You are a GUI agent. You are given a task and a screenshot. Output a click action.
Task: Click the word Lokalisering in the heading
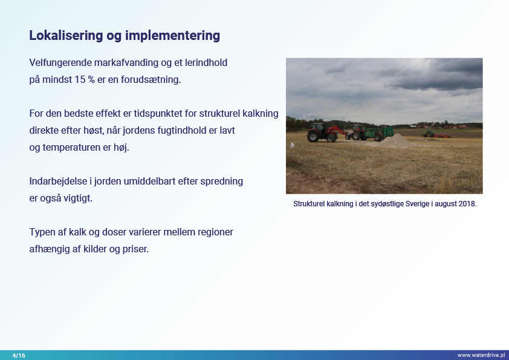click(66, 36)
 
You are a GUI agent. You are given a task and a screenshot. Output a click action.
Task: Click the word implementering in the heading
click(172, 36)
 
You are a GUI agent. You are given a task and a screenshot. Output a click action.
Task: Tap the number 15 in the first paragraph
click(80, 79)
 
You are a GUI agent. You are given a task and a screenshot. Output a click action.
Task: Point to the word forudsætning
click(151, 80)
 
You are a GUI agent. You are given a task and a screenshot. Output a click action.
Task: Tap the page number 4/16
click(19, 355)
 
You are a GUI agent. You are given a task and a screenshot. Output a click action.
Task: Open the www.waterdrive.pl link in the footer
click(481, 355)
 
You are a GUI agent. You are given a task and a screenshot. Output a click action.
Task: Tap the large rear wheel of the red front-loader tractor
click(313, 136)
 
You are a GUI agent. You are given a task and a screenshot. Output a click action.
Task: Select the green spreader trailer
click(378, 133)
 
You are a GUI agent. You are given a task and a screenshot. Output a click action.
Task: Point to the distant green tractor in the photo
click(427, 134)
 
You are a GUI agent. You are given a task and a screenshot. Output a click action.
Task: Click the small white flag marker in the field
click(292, 145)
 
